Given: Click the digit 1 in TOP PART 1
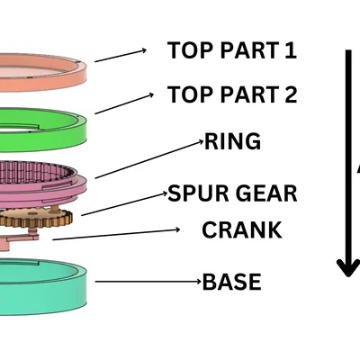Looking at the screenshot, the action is click(x=291, y=50).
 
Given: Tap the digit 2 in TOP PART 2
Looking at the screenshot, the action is click(x=291, y=94).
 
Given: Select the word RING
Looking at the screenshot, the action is click(x=232, y=141).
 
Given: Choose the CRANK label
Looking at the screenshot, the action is click(x=242, y=229).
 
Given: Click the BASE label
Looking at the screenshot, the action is click(x=232, y=282).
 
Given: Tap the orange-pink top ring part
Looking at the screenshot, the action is click(x=42, y=81).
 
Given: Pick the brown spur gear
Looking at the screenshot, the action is click(x=36, y=218).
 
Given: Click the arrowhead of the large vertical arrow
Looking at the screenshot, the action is click(x=348, y=268).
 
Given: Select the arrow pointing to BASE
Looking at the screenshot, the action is click(x=148, y=282).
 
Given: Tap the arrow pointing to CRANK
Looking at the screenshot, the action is click(x=116, y=235).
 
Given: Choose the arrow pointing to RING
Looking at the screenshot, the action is click(x=149, y=159).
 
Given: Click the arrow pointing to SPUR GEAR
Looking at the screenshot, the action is click(x=124, y=204).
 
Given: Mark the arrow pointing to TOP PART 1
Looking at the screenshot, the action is click(x=121, y=56).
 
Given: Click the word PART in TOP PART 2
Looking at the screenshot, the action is click(x=249, y=94).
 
